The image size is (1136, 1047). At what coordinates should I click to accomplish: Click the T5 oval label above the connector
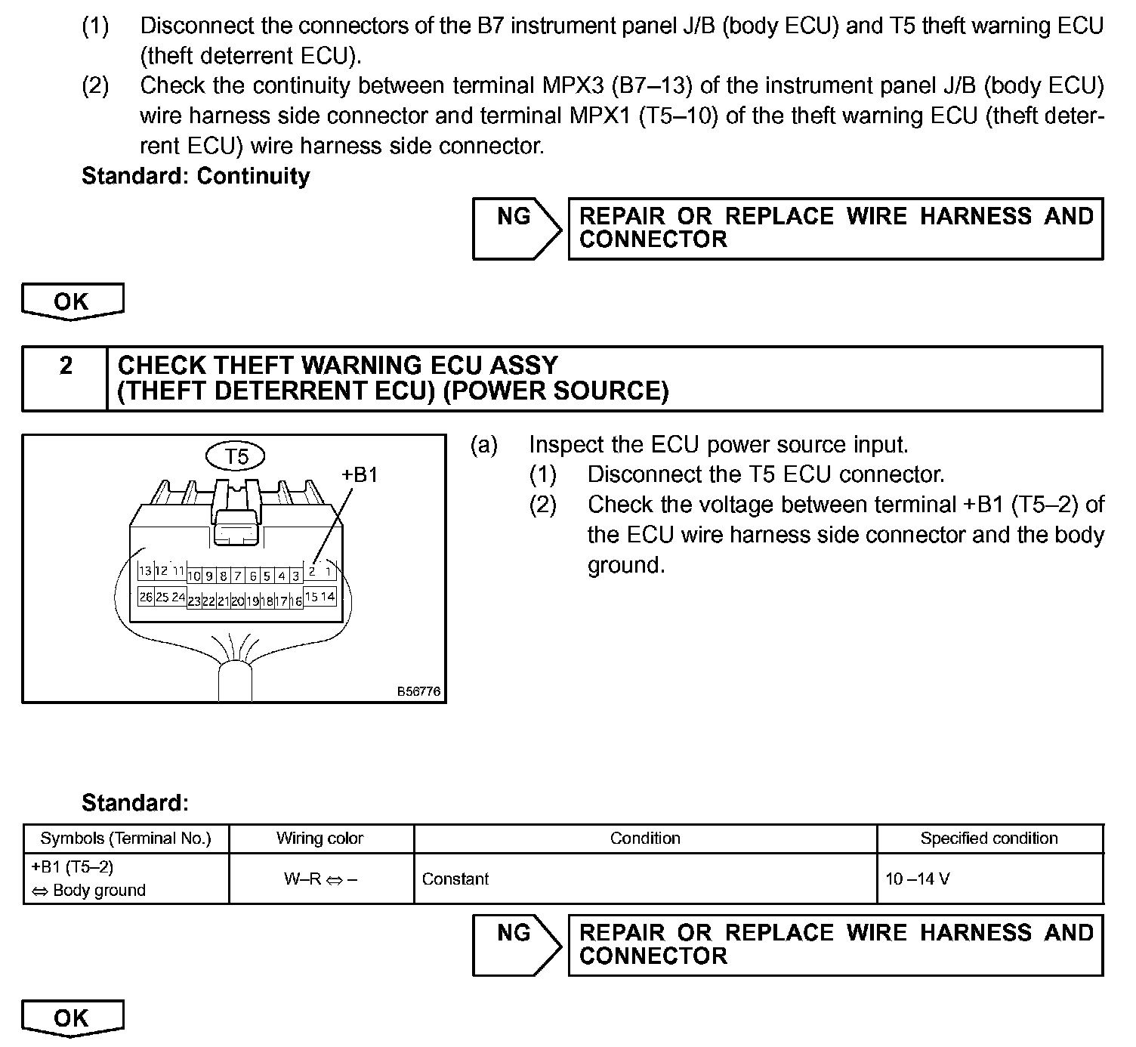coord(236,456)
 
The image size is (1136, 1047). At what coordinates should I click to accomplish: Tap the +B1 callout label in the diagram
coord(360,474)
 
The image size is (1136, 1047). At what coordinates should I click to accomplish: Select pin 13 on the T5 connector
coord(144,571)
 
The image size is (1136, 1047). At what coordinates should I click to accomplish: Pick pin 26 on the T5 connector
coord(145,597)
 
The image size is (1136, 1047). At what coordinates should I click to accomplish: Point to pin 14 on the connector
coord(328,597)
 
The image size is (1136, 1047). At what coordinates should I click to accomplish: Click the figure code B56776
coord(419,691)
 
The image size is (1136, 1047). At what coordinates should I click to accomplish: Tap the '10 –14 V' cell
coord(918,879)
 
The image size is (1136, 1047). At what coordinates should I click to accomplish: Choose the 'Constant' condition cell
coord(455,879)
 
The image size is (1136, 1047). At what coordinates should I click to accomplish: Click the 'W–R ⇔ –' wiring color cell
coord(320,879)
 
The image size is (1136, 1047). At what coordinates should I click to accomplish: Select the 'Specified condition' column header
coord(989,839)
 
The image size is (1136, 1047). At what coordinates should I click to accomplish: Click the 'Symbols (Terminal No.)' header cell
coord(125,839)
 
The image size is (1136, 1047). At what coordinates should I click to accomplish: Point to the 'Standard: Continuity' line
coord(196,176)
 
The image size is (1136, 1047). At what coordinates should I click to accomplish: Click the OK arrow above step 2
coord(72,301)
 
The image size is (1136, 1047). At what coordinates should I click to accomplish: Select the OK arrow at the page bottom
coord(72,1018)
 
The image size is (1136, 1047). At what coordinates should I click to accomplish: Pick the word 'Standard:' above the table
coord(135,802)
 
